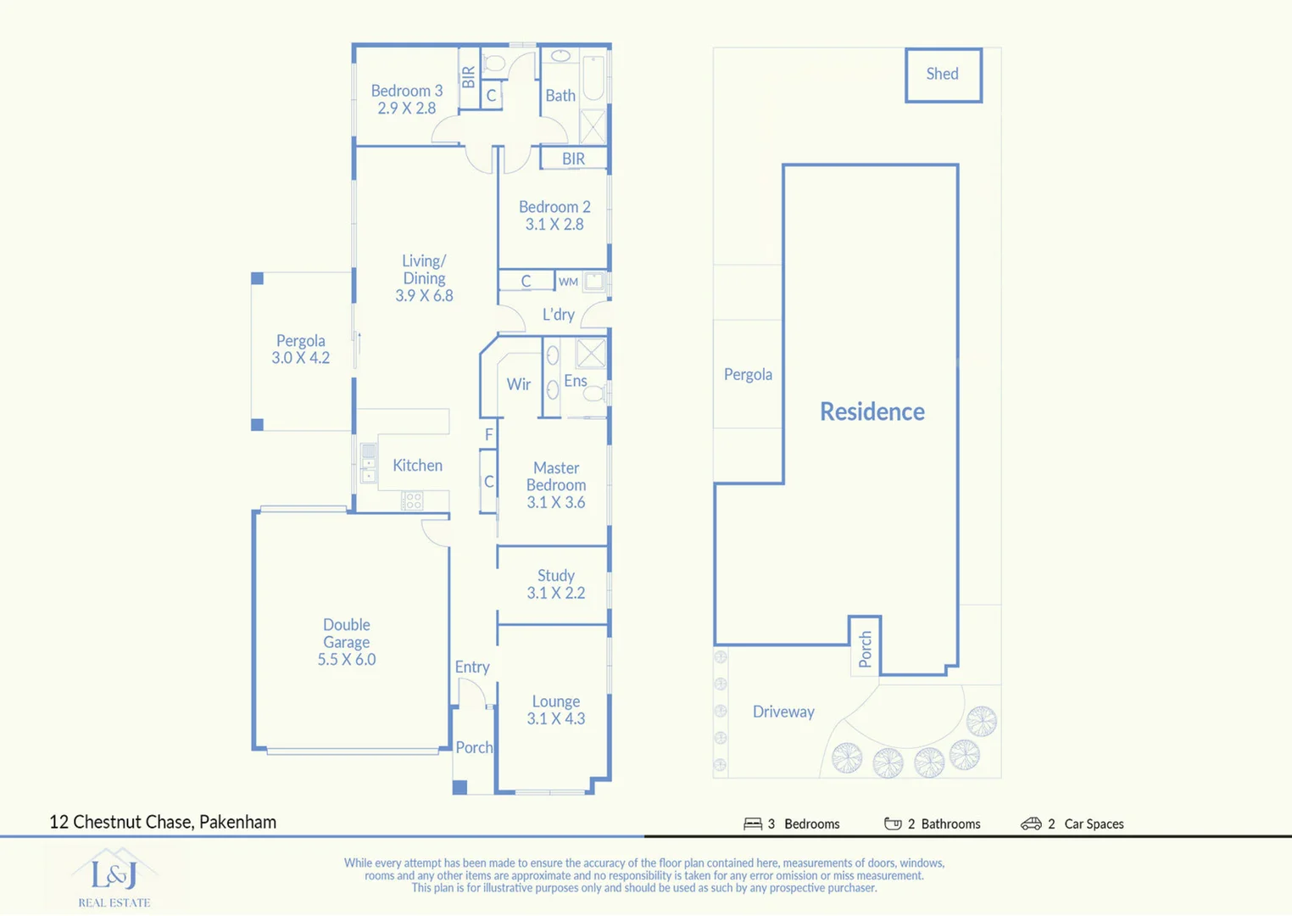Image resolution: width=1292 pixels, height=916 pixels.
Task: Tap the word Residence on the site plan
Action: [872, 411]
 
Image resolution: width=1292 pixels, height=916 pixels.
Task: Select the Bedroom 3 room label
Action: [407, 91]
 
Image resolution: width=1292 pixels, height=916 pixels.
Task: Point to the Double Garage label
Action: [347, 634]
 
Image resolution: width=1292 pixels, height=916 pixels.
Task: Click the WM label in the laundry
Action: [568, 282]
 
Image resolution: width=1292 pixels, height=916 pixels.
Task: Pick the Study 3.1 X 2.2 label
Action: [556, 584]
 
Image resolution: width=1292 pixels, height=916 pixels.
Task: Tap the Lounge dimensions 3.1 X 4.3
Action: [556, 718]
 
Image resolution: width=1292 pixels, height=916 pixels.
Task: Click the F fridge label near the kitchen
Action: [489, 434]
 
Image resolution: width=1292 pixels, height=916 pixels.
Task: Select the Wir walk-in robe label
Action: [519, 384]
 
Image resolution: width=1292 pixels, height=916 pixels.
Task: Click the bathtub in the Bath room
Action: [593, 78]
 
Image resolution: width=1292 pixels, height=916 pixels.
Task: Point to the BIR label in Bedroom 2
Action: [573, 159]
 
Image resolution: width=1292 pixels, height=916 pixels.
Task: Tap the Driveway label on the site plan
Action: [783, 712]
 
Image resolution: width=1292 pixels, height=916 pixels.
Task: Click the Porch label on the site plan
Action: [866, 649]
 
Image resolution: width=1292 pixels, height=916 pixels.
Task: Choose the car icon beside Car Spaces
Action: [1031, 824]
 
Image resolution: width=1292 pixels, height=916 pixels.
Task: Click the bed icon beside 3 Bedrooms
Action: [753, 824]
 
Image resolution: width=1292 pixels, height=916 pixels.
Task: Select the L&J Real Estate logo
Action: [114, 877]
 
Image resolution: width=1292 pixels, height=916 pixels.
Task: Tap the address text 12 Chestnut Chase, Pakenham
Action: [163, 822]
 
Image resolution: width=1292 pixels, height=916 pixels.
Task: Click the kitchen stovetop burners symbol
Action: [412, 500]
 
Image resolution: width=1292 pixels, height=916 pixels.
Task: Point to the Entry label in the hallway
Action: [472, 667]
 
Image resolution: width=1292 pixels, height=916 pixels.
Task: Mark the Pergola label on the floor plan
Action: [300, 341]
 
